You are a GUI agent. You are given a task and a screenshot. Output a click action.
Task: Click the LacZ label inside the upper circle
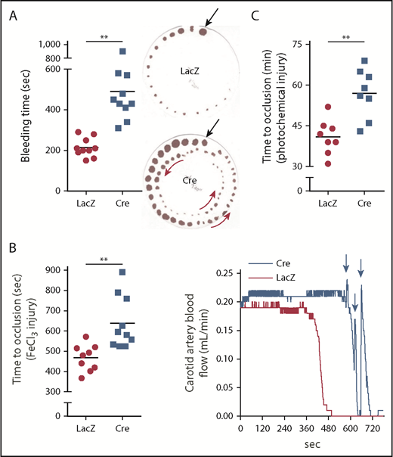click(x=189, y=70)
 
